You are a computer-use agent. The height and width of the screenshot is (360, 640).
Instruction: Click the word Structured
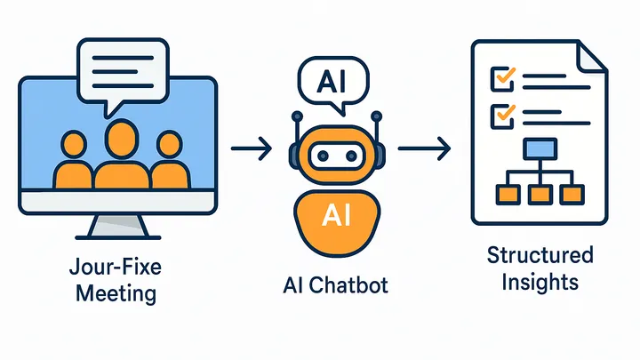click(x=540, y=256)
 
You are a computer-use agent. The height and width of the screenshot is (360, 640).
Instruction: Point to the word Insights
click(x=540, y=282)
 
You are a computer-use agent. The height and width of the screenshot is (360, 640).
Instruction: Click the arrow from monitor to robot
click(x=252, y=148)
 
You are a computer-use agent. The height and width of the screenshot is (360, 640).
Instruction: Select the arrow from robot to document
click(x=420, y=148)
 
